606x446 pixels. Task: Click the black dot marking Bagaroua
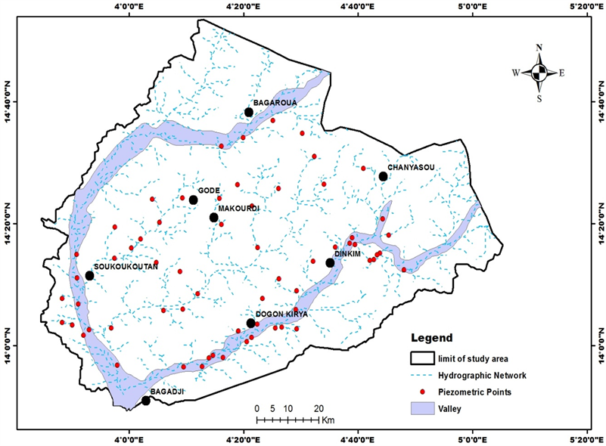coord(248,113)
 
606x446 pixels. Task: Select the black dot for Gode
coord(193,200)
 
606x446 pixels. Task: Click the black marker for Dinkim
coord(330,263)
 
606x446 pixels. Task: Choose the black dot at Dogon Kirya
coord(250,324)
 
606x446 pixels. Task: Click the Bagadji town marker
coord(145,401)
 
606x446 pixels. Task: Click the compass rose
coord(539,73)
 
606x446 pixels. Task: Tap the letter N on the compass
coord(539,47)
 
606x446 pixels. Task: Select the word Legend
coord(431,338)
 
